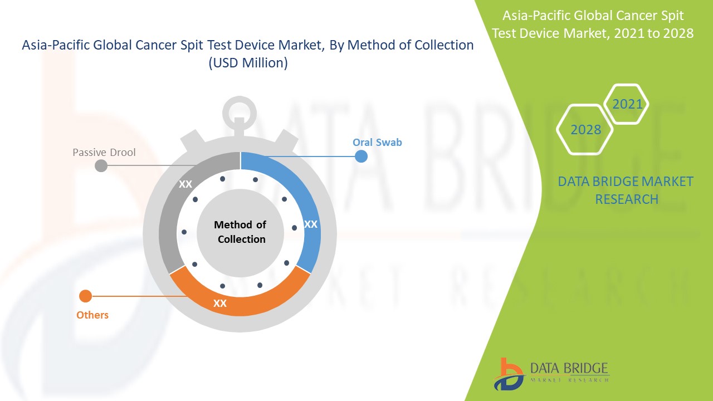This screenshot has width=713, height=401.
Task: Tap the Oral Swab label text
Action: point(377,142)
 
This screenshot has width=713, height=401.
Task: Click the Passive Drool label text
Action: point(104,152)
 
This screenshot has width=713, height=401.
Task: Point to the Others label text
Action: point(92,315)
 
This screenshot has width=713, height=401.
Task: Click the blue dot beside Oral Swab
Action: point(361,157)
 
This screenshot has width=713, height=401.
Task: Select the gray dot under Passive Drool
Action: point(101,165)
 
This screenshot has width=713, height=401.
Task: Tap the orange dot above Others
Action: point(85,296)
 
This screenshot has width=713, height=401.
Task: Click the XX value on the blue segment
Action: point(310,224)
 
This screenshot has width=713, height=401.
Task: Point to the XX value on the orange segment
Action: point(220,304)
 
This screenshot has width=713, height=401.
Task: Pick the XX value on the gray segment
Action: point(185,184)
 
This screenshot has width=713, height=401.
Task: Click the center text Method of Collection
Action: point(240,232)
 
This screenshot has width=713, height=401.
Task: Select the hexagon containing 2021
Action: point(627,104)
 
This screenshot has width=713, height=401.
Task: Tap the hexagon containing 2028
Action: point(585,130)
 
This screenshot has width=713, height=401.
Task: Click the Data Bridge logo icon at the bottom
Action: point(508,373)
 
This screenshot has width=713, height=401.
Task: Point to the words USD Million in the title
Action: point(248,63)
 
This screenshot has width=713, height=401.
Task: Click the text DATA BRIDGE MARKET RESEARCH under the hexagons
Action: point(626,190)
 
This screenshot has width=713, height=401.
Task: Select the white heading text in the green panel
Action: point(593,24)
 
